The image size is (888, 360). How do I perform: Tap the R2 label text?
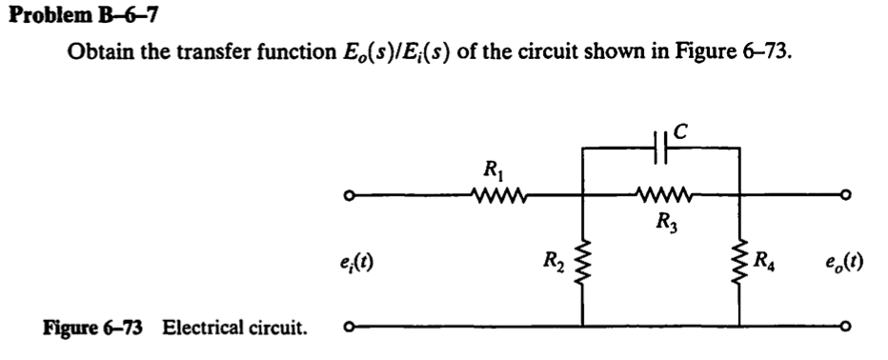tap(554, 258)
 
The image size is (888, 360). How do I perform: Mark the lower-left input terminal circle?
tap(350, 328)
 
